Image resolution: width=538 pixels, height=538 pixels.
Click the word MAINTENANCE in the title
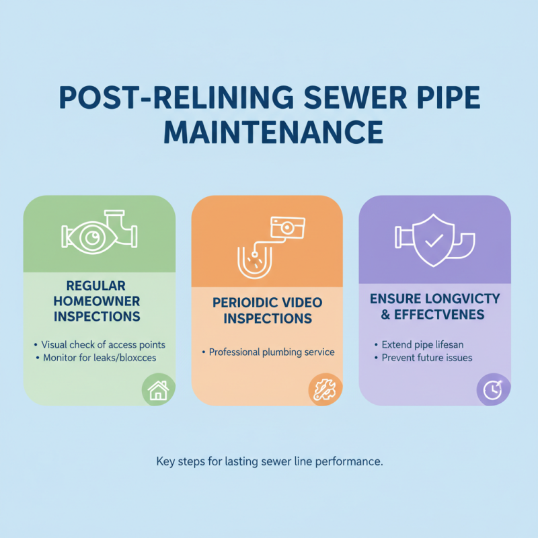pyautogui.click(x=268, y=131)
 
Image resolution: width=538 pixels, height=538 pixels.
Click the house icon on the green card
pyautogui.click(x=158, y=390)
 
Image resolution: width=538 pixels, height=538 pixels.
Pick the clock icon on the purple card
pyautogui.click(x=492, y=390)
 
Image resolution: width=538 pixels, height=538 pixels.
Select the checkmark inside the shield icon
pyautogui.click(x=432, y=239)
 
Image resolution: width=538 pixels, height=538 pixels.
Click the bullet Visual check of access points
pyautogui.click(x=103, y=344)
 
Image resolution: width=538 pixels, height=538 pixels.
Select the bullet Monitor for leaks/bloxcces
pyautogui.click(x=99, y=358)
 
